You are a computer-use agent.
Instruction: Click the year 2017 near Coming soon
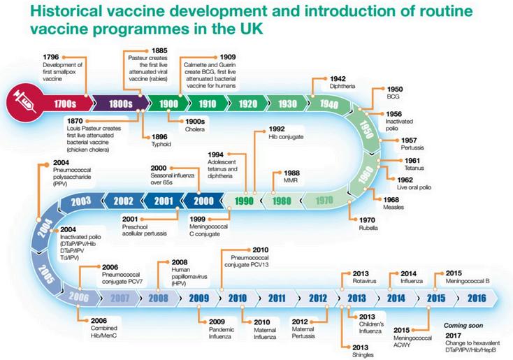[x=453, y=335]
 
